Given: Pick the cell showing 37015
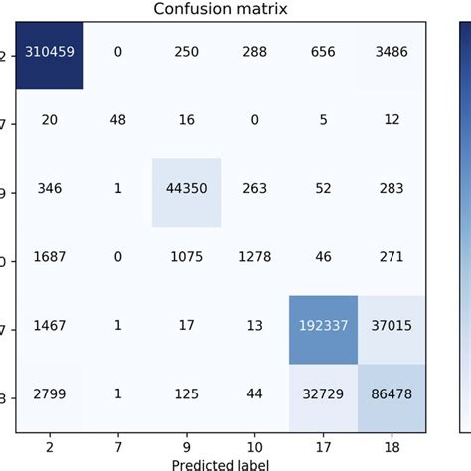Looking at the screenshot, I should coord(390,325).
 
